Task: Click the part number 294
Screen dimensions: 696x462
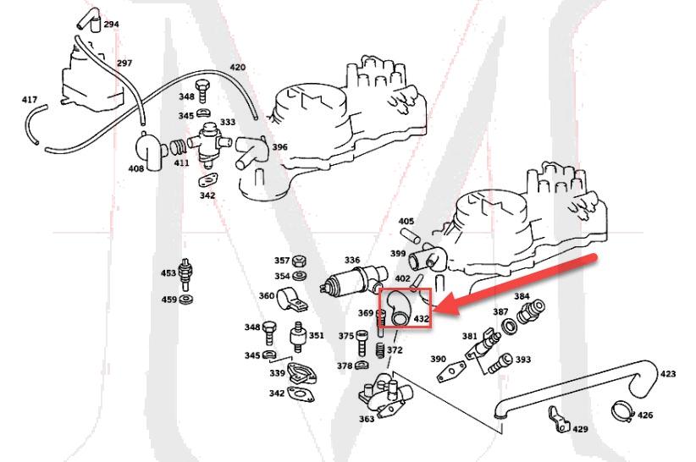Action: [x=111, y=24]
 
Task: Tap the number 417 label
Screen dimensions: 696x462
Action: [x=30, y=100]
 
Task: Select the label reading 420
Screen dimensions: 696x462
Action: [x=237, y=68]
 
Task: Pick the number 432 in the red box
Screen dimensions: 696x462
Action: [x=421, y=318]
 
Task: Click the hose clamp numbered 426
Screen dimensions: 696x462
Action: [x=623, y=412]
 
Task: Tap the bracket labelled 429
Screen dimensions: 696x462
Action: [x=557, y=419]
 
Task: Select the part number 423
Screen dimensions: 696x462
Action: [x=668, y=374]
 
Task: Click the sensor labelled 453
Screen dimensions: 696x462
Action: [x=186, y=274]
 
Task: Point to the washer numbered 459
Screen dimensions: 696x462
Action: [x=186, y=300]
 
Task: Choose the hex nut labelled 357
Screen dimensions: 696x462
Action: [x=301, y=261]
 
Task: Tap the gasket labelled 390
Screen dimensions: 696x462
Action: [x=451, y=371]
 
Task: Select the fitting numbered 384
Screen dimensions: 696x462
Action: [x=531, y=311]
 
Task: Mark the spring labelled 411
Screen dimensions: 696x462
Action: [x=179, y=146]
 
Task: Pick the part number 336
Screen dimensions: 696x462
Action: [x=352, y=261]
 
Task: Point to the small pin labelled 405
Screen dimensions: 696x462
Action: [x=410, y=235]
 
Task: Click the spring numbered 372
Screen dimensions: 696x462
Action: [x=380, y=351]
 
